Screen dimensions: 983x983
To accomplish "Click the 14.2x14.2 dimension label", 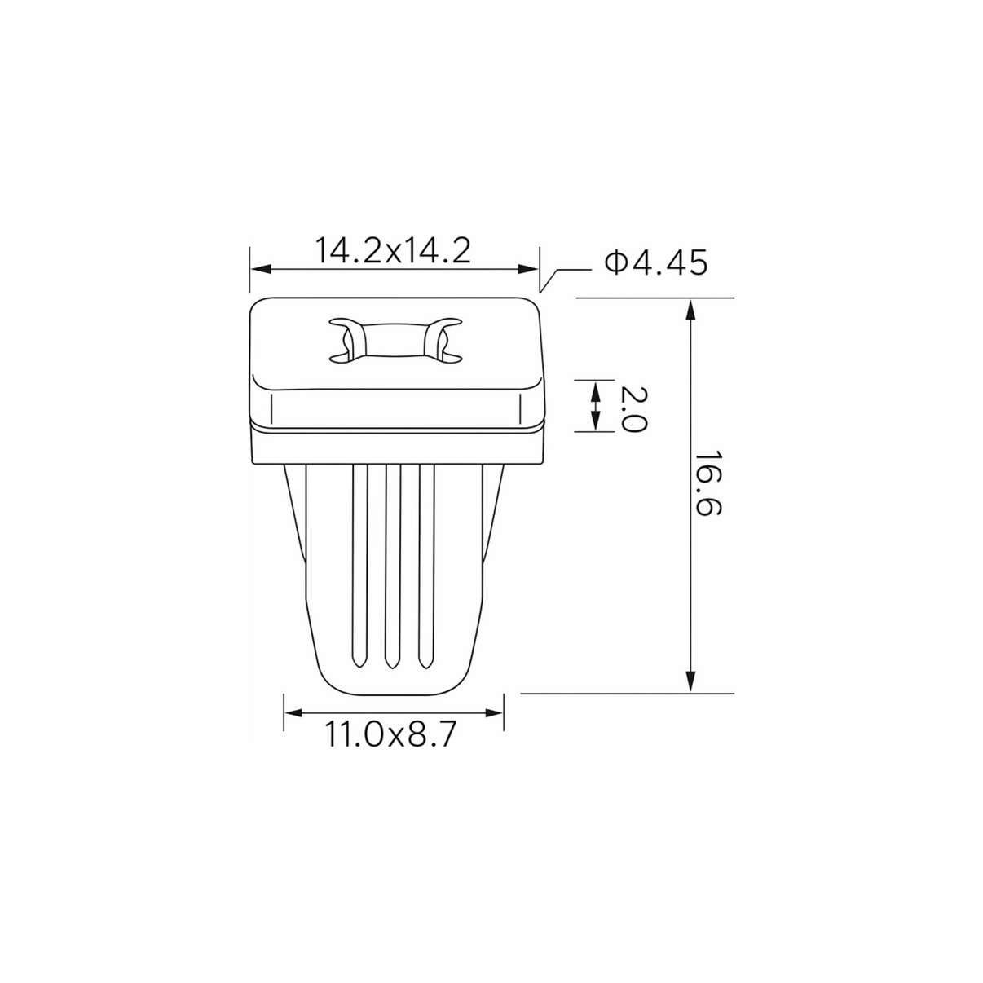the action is click(x=393, y=250).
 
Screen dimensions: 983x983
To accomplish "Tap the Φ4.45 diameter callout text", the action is click(x=656, y=263).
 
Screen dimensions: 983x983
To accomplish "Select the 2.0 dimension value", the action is click(x=633, y=409).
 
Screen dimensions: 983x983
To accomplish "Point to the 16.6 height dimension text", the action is click(x=708, y=483).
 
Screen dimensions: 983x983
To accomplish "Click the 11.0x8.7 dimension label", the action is click(x=389, y=734).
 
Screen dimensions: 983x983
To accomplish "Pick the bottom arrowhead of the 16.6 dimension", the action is click(x=690, y=681).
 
